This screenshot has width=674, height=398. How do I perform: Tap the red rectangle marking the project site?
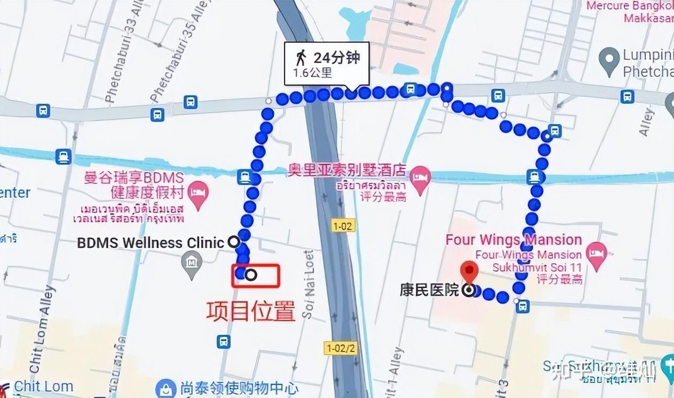256,275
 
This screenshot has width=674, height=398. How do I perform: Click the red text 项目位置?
250,311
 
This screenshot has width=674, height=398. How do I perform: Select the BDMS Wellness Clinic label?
151,242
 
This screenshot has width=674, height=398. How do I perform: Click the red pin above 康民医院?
469,271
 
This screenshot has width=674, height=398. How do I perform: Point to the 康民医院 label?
429,290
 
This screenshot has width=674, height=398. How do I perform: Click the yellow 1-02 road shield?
342,226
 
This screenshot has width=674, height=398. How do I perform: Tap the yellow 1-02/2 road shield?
340,348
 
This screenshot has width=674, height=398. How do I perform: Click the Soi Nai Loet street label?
308,284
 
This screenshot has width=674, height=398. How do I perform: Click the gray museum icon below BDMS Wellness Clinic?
191,262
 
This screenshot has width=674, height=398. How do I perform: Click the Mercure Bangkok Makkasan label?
630,12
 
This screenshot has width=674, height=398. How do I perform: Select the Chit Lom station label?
44,386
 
